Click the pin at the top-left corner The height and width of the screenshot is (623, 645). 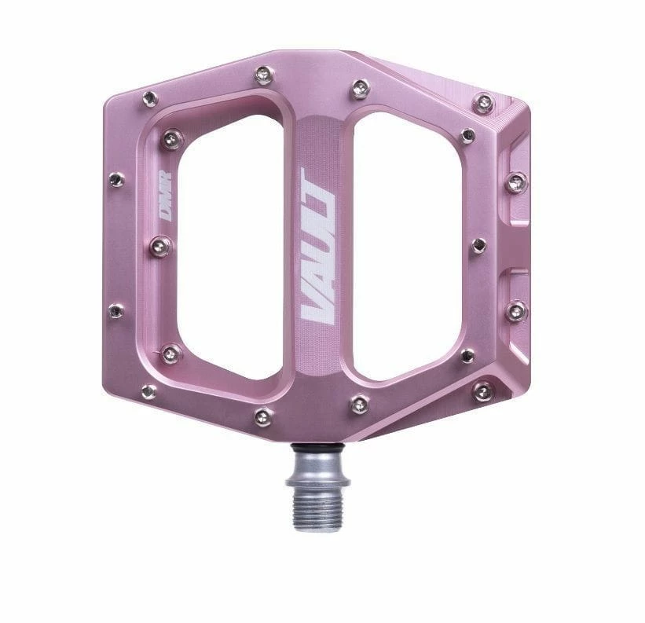click(150, 98)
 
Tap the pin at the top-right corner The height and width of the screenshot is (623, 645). click(484, 102)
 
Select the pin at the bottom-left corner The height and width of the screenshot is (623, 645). click(148, 390)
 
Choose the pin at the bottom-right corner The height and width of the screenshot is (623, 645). click(482, 390)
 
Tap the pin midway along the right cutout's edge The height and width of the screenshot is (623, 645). click(478, 246)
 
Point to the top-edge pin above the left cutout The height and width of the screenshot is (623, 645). click(263, 75)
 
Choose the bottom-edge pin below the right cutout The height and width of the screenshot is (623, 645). click(359, 404)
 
